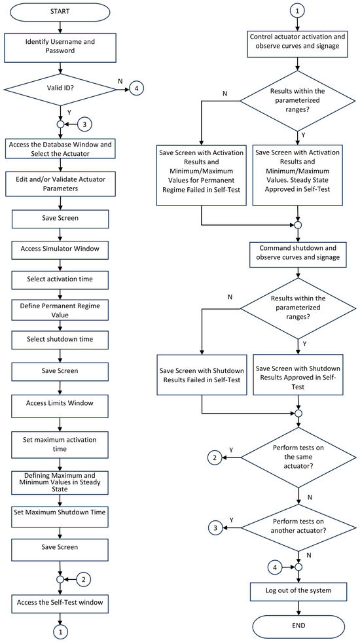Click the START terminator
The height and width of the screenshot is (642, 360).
tap(60, 11)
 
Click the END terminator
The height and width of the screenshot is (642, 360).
tap(298, 626)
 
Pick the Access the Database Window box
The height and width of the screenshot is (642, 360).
tap(60, 149)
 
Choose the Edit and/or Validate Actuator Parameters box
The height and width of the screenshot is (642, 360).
tap(60, 185)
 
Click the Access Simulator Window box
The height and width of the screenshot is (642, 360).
tap(60, 248)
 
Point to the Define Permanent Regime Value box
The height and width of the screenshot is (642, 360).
tap(60, 311)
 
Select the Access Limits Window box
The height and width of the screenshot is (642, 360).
tap(60, 403)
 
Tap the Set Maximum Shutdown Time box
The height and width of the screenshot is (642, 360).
tap(60, 512)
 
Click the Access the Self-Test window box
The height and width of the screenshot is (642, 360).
tap(60, 602)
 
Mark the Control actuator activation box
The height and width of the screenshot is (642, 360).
tap(298, 41)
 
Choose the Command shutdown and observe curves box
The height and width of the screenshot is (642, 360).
tap(298, 253)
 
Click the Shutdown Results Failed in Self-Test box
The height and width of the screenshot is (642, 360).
tap(202, 375)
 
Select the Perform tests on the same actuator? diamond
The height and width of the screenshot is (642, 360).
tap(298, 457)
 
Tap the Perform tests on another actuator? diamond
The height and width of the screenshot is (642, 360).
tap(298, 528)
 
